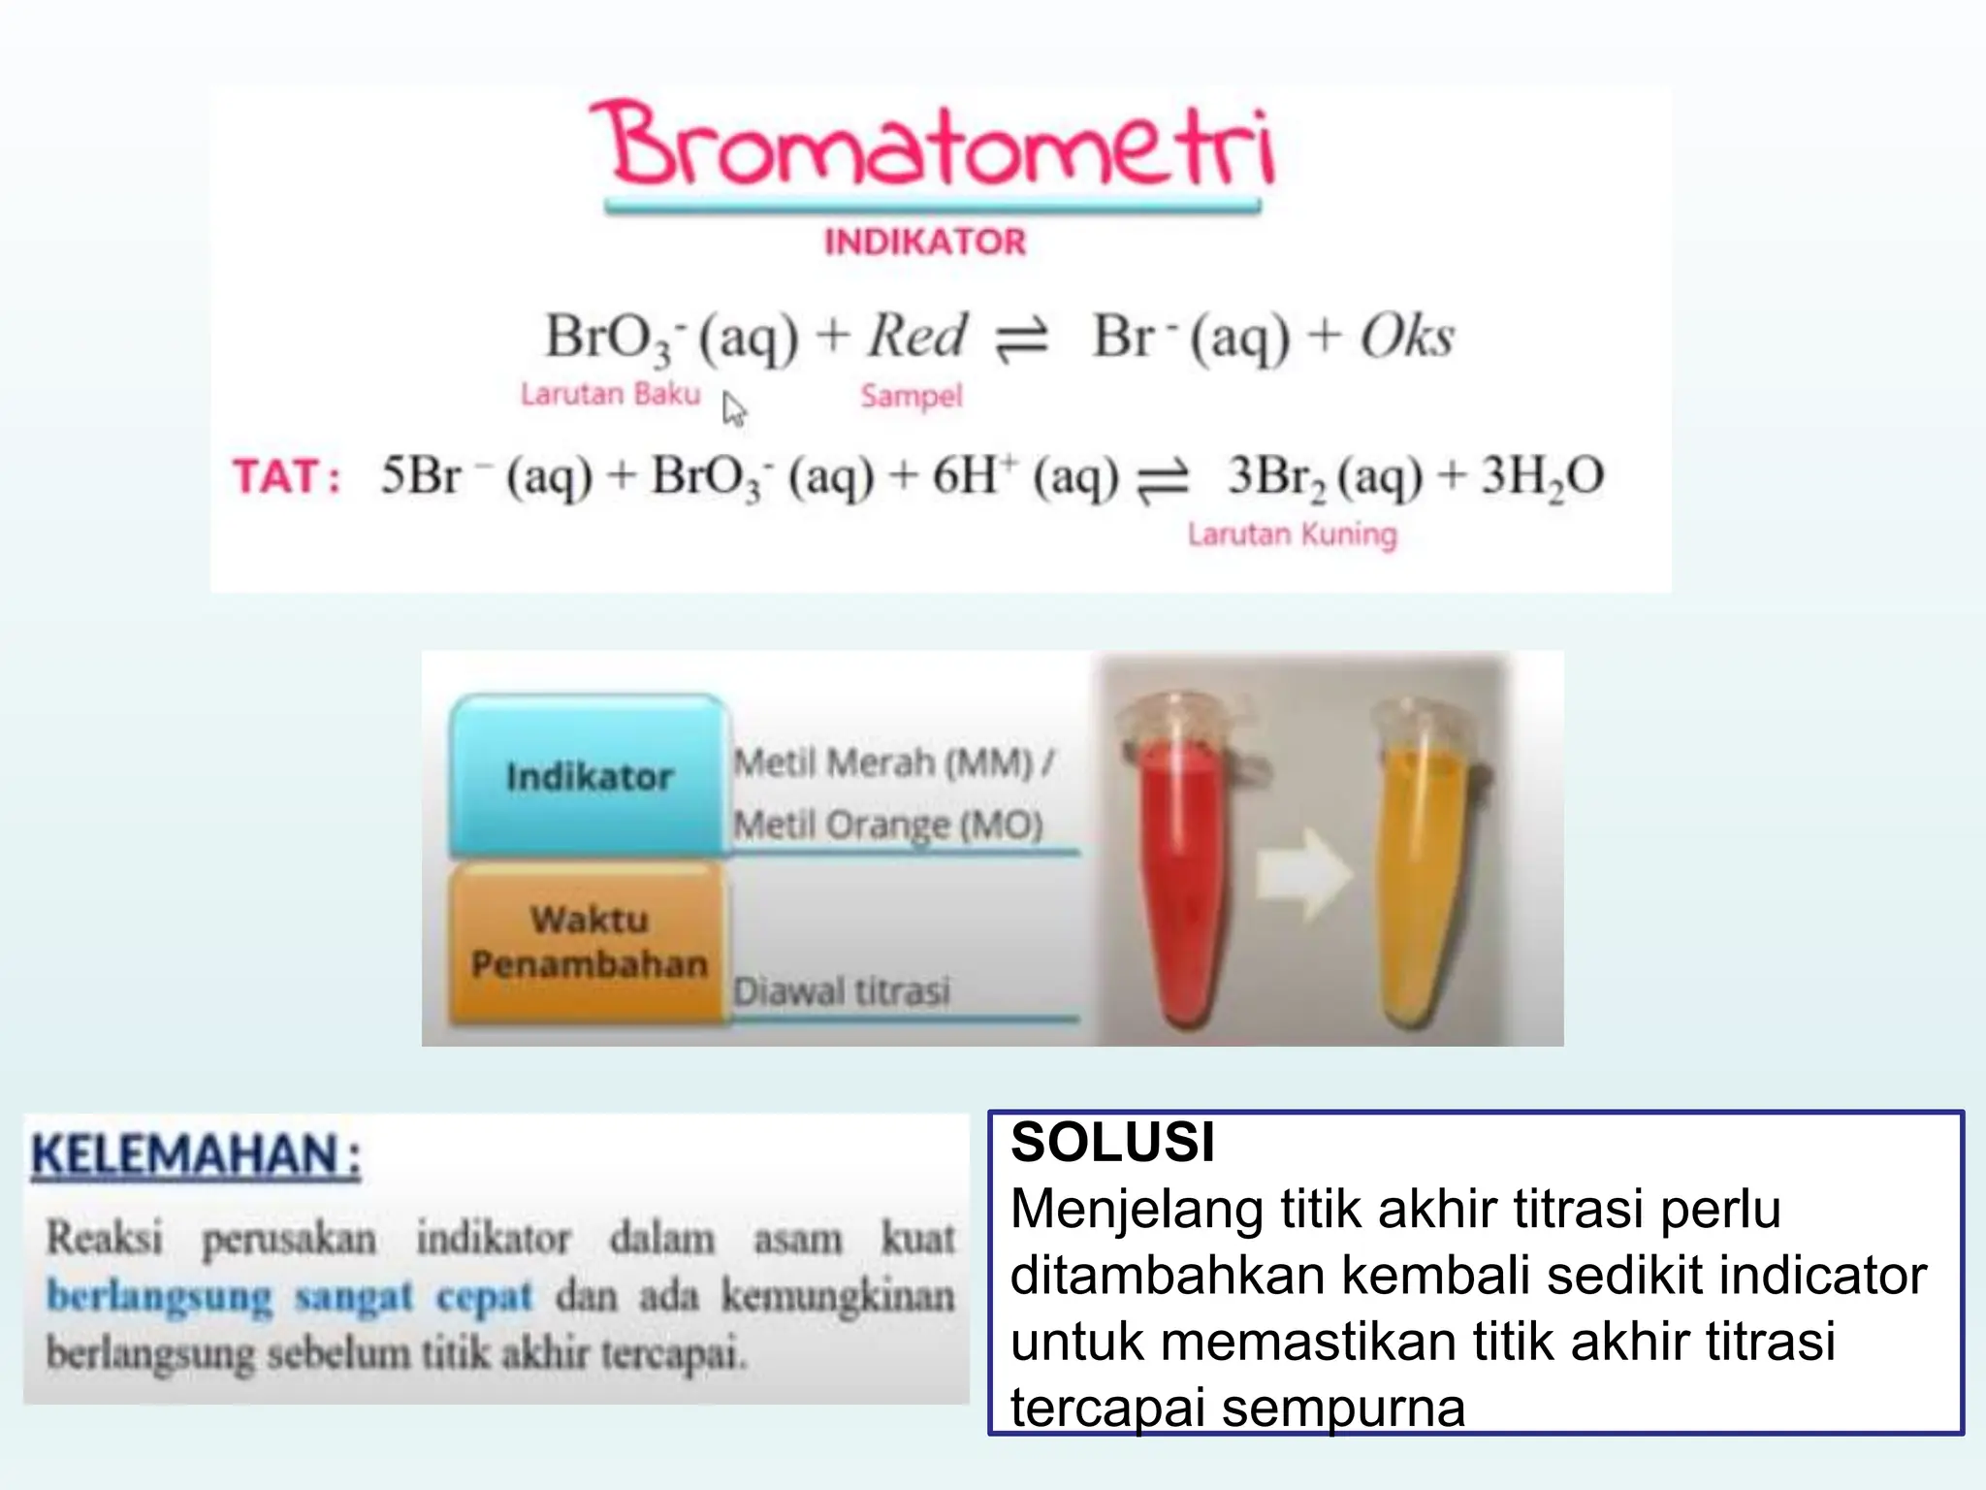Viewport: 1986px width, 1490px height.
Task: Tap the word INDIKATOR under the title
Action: point(925,242)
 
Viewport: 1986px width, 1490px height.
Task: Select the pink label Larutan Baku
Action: point(610,394)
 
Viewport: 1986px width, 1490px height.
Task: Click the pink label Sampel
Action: point(912,396)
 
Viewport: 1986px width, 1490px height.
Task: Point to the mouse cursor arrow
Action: point(733,408)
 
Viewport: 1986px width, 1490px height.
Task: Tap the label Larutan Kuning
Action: point(1293,534)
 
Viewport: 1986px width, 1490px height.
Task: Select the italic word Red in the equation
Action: point(917,336)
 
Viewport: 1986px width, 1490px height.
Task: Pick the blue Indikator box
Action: point(589,776)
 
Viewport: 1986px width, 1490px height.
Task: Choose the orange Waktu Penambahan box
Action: point(589,941)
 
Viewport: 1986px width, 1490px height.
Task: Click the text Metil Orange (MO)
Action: point(888,826)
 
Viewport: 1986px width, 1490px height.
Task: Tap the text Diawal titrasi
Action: point(842,991)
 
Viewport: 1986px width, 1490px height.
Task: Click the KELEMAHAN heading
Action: point(196,1155)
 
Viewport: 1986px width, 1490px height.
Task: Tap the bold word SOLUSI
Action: point(1112,1142)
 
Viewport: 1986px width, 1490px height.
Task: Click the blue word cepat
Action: point(484,1296)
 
